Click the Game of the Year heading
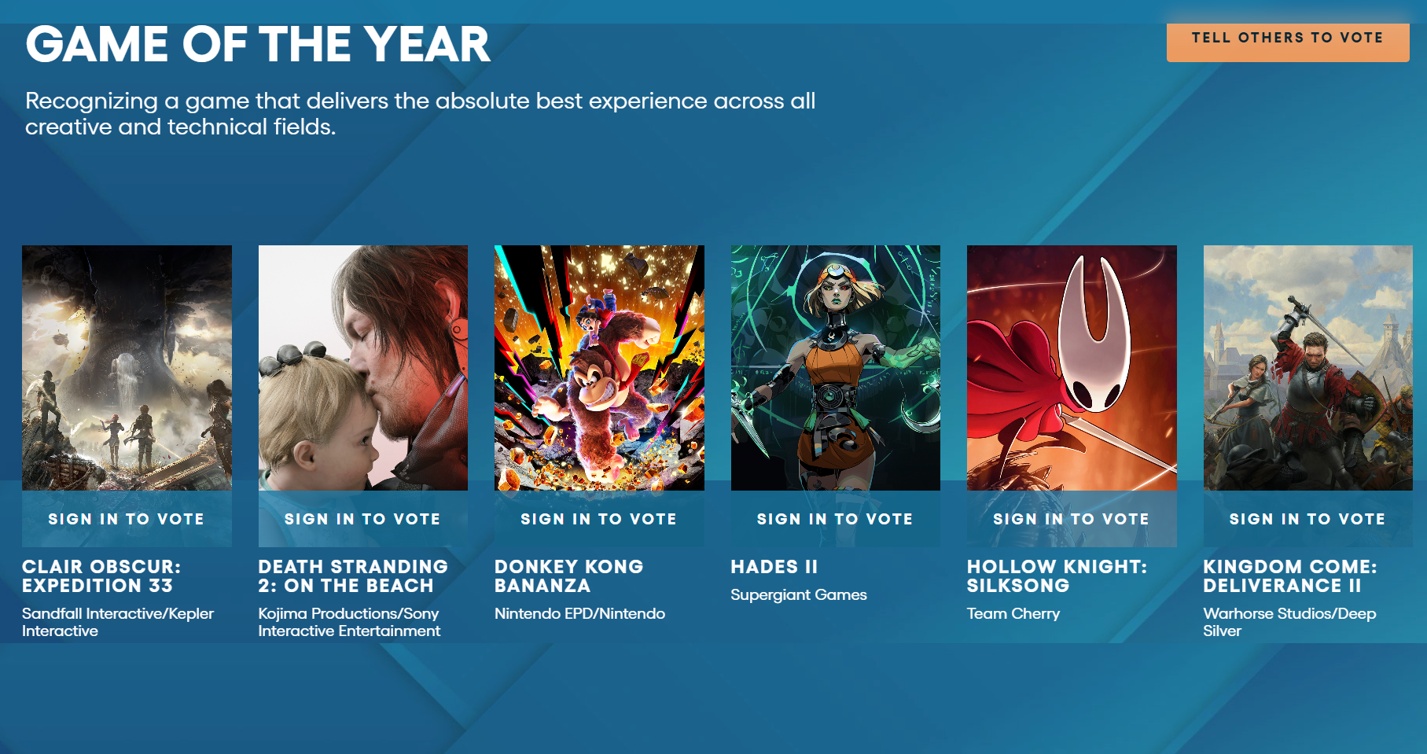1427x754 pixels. pyautogui.click(x=258, y=44)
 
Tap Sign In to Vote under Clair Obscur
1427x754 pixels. pyautogui.click(x=127, y=519)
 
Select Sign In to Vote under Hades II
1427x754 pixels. pyautogui.click(x=835, y=519)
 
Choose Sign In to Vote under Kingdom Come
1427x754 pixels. pyautogui.click(x=1307, y=519)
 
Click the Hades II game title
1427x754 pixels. pyautogui.click(x=774, y=567)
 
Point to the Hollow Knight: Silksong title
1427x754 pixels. pyautogui.click(x=1057, y=576)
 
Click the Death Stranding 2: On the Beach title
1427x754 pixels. pyautogui.click(x=353, y=576)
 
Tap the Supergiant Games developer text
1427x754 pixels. pyautogui.click(x=799, y=595)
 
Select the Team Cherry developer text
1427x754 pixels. pyautogui.click(x=1013, y=614)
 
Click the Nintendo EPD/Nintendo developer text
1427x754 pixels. pyautogui.click(x=579, y=614)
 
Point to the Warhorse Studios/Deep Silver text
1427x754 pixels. pyautogui.click(x=1289, y=622)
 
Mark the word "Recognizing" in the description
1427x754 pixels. pyautogui.click(x=91, y=101)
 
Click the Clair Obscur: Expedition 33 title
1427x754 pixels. pyautogui.click(x=101, y=576)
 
